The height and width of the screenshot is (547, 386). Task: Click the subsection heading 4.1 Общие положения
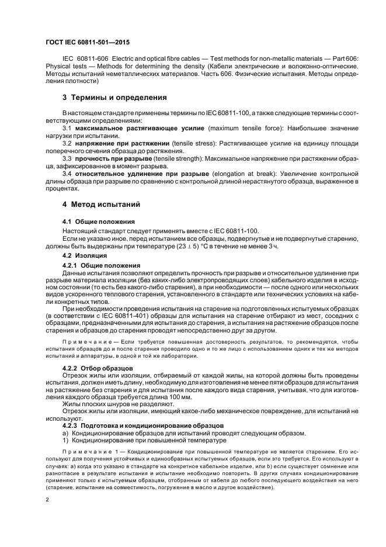pos(98,221)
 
